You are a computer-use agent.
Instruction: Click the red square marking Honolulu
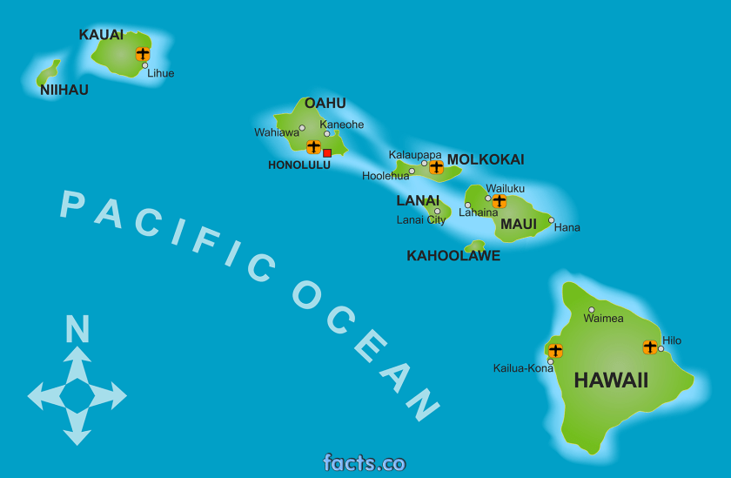click(327, 152)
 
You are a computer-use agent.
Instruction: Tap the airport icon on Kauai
click(143, 54)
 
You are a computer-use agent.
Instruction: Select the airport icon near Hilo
click(650, 347)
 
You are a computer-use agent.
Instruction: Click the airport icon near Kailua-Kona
click(555, 350)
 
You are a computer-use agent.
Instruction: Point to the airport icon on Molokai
click(436, 166)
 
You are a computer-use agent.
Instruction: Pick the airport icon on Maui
click(499, 201)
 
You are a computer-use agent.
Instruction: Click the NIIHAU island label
click(64, 90)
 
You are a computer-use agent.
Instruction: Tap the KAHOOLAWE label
click(453, 256)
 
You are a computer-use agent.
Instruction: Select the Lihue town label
click(160, 73)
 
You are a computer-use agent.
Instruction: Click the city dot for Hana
click(551, 220)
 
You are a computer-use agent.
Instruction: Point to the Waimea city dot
click(592, 309)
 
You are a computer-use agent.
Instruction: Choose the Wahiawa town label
click(276, 132)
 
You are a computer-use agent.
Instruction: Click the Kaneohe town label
click(341, 125)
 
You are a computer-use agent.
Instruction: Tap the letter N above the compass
click(77, 330)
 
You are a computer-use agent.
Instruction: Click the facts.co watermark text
click(365, 462)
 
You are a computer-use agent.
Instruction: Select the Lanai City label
click(420, 220)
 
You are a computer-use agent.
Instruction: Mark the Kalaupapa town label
click(414, 155)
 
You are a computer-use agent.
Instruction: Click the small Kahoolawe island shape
click(475, 246)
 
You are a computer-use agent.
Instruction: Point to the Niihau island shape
click(49, 73)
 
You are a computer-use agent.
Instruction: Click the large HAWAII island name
click(611, 380)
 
